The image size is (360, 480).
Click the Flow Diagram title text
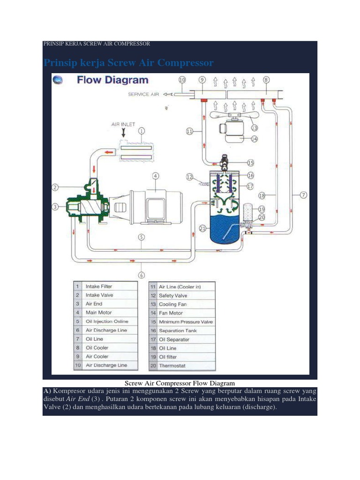point(112,81)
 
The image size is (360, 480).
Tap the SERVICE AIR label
point(143,94)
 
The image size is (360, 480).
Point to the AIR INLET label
point(123,124)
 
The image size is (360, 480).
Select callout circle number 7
point(304,195)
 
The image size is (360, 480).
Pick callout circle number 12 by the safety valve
point(189,177)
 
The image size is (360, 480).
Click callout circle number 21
point(202,228)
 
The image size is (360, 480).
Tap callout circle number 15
point(250,163)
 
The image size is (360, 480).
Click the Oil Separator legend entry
point(174,339)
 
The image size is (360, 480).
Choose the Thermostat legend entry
point(173,366)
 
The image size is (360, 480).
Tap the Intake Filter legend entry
point(99,286)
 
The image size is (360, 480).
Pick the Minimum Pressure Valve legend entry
point(186,322)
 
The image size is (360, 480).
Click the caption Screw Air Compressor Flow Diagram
point(180,383)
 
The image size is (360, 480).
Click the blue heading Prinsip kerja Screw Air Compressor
point(128,63)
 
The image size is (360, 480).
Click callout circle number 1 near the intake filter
point(142,131)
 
